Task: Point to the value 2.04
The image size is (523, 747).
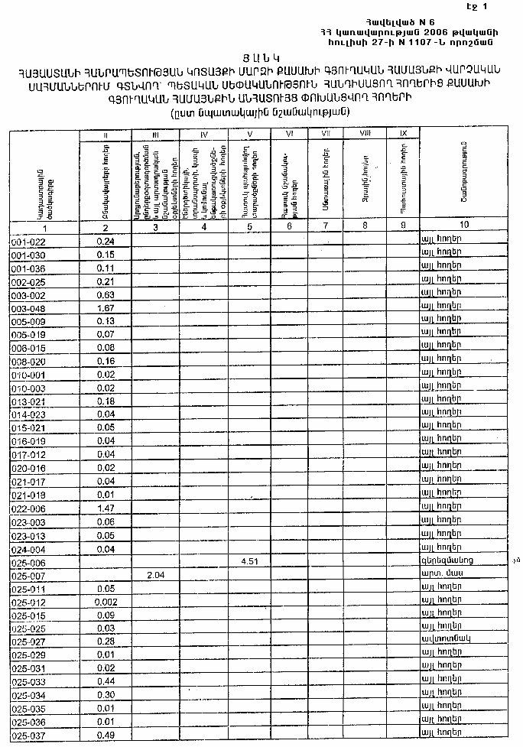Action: point(155,575)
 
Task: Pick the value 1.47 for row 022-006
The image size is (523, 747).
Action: point(106,508)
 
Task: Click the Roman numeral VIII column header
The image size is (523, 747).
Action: point(365,134)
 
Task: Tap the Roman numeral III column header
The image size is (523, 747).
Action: point(155,135)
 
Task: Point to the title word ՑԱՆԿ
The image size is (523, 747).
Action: point(262,57)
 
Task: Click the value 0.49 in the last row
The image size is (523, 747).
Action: point(106,736)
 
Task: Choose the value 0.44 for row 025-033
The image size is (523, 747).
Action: point(106,682)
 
